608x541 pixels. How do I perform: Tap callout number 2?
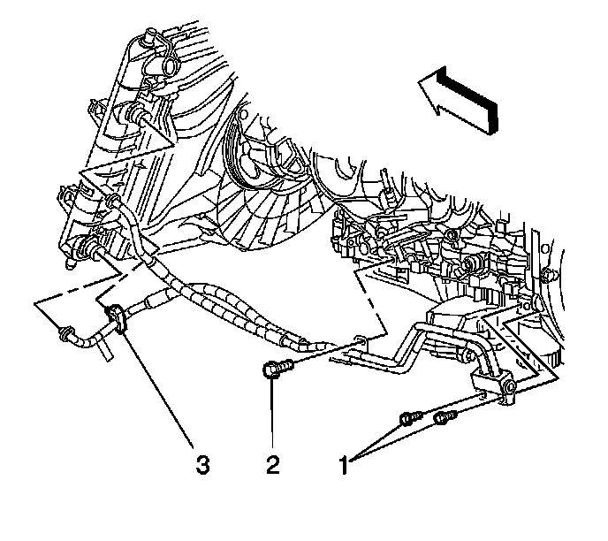pyautogui.click(x=274, y=463)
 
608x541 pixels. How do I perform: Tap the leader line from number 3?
pyautogui.click(x=159, y=389)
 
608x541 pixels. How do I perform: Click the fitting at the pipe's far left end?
pyautogui.click(x=65, y=334)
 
